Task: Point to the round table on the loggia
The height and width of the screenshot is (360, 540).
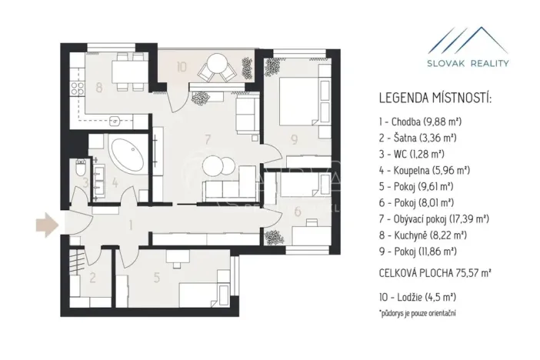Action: (213, 72)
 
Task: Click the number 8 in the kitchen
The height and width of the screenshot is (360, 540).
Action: (98, 87)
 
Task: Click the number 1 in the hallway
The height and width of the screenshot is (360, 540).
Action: (131, 225)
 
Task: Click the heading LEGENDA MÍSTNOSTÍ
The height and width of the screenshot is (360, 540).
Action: (435, 99)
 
